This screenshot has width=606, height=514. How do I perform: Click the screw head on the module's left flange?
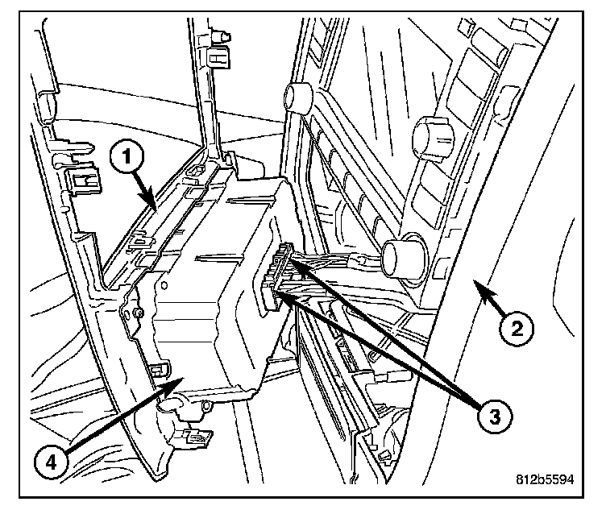coord(139,312)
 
